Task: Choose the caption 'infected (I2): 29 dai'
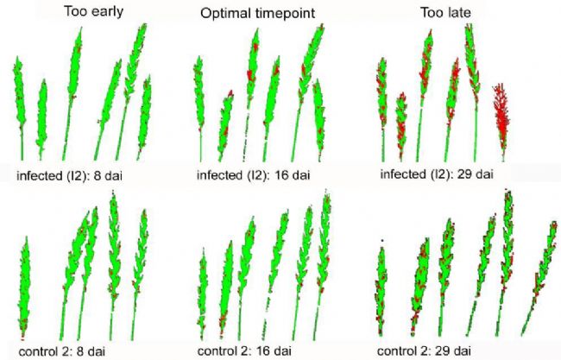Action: [437, 174]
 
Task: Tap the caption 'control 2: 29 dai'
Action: [425, 351]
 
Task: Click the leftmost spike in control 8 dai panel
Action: [25, 276]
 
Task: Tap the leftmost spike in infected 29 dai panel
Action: [381, 99]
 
